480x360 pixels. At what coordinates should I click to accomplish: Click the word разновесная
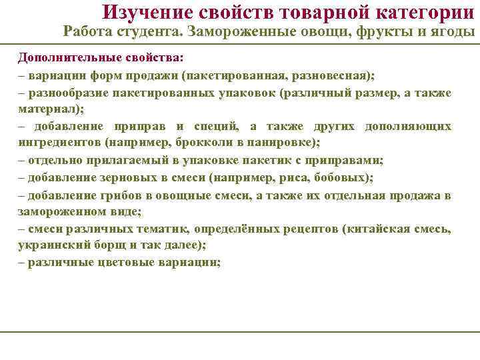pos(329,75)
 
